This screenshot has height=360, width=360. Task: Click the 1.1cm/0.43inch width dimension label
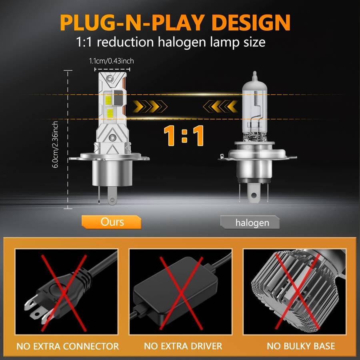pos(111,61)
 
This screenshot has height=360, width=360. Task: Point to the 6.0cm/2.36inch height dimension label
pos(55,144)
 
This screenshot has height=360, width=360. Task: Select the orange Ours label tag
pos(111,222)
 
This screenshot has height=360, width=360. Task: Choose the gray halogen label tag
pos(250,222)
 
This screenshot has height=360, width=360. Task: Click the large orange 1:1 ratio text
pos(184,136)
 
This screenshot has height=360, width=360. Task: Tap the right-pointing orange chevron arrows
pos(150,106)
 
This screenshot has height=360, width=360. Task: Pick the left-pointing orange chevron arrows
pos(220,106)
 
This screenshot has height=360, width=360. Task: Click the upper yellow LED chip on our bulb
pos(108,100)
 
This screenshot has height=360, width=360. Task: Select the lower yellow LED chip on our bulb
pos(110,112)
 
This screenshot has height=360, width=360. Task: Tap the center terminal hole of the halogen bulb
pos(254,195)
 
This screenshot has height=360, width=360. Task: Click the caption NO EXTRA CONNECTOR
pos(68,346)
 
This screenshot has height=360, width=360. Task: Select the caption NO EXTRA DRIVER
pos(183,346)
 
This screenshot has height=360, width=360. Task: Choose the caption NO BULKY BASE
pos(301,346)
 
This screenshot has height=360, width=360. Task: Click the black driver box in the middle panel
pos(176,289)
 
